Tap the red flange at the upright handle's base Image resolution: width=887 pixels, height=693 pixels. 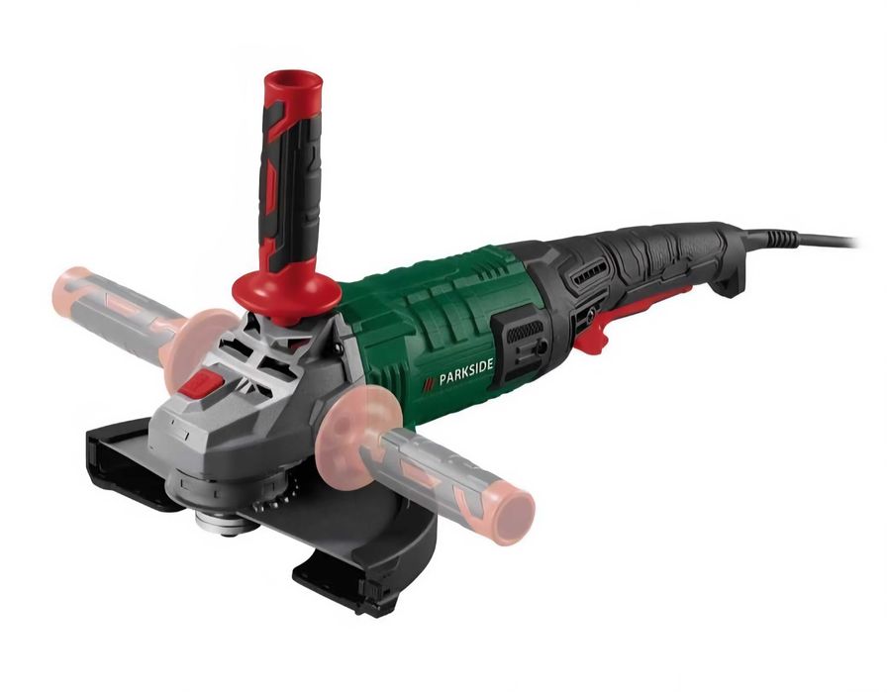click(283, 293)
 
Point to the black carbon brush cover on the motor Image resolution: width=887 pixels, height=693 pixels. click(526, 343)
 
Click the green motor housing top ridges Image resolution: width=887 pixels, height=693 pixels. click(436, 287)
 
